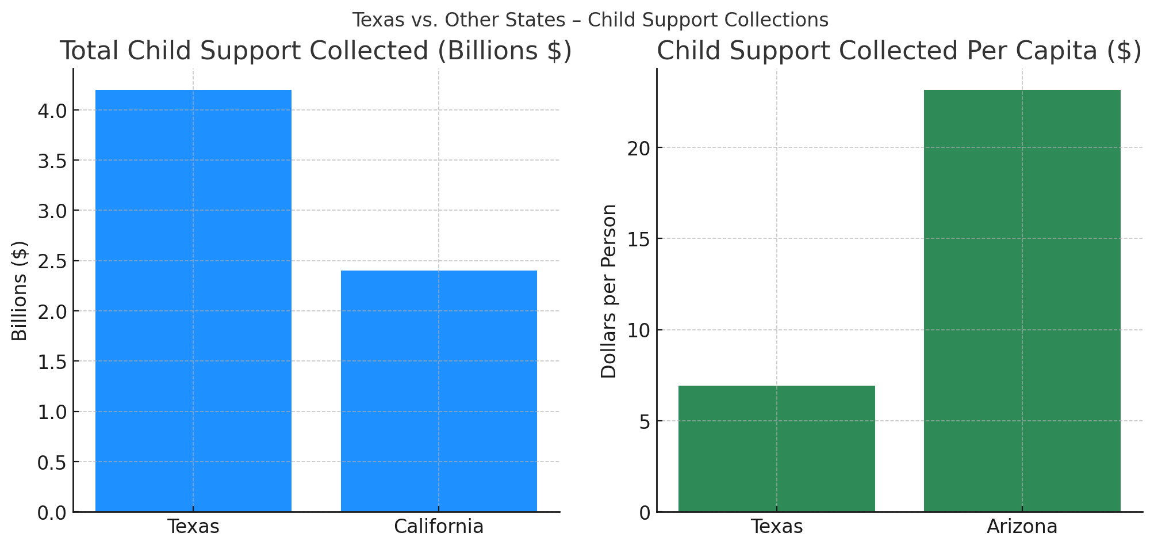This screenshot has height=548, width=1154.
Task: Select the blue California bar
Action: (x=439, y=391)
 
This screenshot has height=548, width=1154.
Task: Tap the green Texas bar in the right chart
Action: (x=776, y=448)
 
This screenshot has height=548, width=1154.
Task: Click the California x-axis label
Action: (x=439, y=527)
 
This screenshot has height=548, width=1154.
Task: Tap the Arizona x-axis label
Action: (x=1022, y=527)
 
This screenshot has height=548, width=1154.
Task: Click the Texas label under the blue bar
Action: (x=193, y=527)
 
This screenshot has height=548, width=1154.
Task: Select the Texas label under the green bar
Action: (x=776, y=527)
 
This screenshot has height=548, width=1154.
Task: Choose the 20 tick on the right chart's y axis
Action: (x=639, y=148)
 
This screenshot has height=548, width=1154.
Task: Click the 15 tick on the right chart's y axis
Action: (x=639, y=239)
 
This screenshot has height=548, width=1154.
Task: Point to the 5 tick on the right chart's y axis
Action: (x=644, y=421)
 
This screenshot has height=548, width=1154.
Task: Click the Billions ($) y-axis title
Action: (x=20, y=291)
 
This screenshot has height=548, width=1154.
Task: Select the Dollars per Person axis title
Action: (x=608, y=291)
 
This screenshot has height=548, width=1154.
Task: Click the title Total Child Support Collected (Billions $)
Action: (x=316, y=51)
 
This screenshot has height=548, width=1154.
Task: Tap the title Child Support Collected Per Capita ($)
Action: (x=899, y=51)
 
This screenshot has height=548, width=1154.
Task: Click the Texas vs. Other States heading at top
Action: (x=590, y=20)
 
